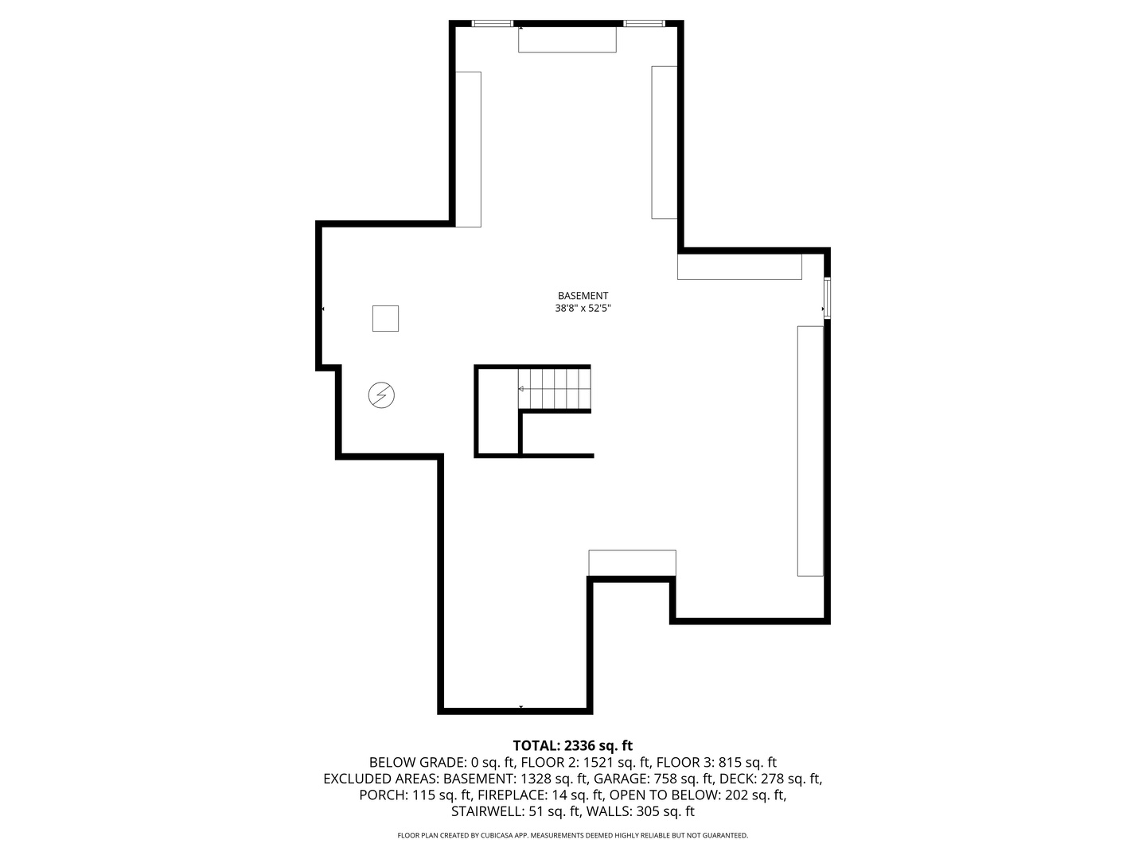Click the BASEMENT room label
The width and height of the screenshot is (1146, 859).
coord(583,296)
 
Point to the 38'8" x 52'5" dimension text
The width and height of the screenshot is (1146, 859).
coord(583,309)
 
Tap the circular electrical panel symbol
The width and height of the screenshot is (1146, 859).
coord(381,395)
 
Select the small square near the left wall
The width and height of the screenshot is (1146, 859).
coord(385,318)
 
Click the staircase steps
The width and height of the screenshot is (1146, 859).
coord(555,388)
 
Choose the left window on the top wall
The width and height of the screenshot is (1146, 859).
coord(493,24)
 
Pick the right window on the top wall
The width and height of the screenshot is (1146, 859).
coord(644,24)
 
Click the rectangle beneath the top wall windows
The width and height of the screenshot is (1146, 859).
coord(567,40)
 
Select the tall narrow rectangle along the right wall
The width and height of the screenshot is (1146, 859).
coord(810,450)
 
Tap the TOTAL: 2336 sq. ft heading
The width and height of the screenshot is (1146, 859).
coord(572,746)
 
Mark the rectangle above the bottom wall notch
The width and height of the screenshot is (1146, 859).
coord(632,562)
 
